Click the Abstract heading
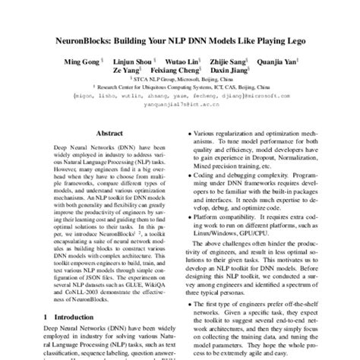tap(109, 132)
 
